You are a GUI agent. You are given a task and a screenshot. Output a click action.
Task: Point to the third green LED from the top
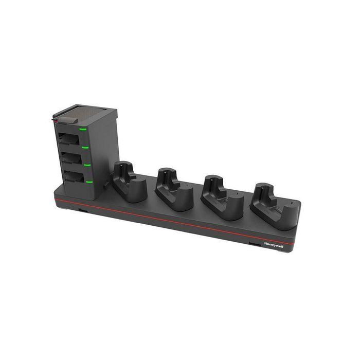[x=88, y=166]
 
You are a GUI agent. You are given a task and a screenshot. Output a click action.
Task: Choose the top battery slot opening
[x=69, y=140]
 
